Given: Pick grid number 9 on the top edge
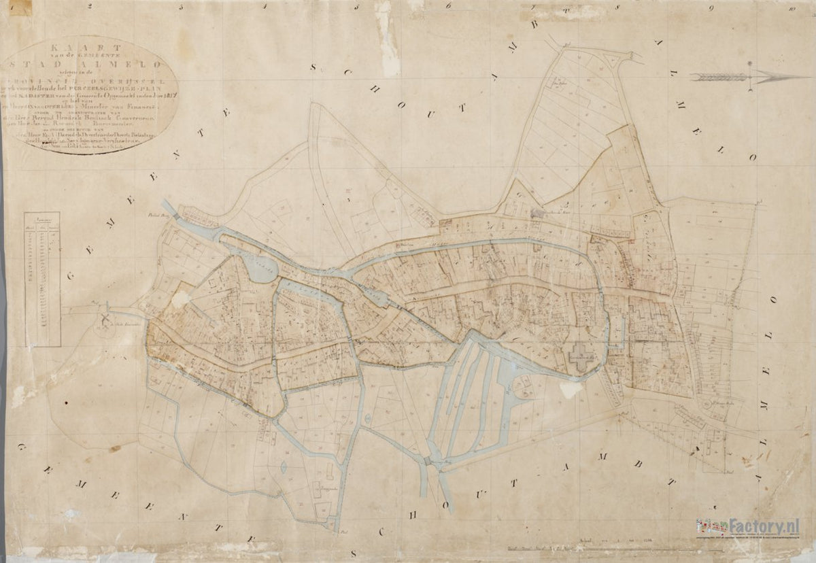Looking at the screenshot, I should coord(710,9).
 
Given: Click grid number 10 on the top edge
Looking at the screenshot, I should coord(792,10).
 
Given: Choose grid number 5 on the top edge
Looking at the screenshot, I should coord(356,7).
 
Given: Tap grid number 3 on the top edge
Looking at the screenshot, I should coord(180,7).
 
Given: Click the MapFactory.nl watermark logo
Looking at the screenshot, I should coord(747,526).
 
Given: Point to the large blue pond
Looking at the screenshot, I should coord(256,269).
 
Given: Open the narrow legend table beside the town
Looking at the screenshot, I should coord(42,279).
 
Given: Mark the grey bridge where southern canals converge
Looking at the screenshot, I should coord(428,461).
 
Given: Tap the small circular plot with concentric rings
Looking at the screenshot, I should coord(708,405).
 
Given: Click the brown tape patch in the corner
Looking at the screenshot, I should coord(19,7).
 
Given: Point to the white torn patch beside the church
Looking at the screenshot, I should coord(571,389).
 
